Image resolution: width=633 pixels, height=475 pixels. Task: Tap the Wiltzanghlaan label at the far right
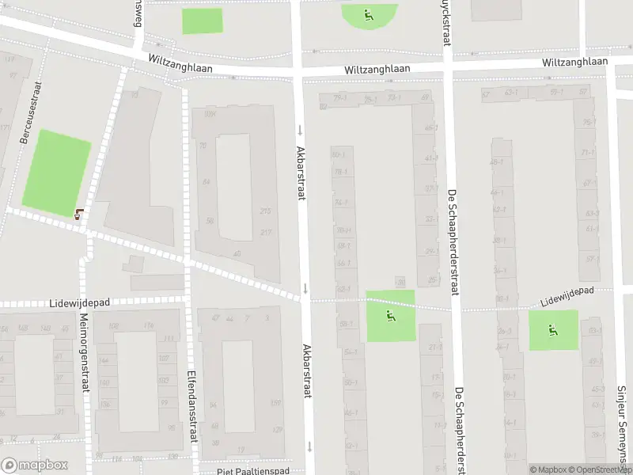click(575, 62)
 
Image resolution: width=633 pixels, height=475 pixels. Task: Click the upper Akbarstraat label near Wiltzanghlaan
click(301, 172)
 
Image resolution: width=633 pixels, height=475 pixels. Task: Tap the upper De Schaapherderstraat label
click(453, 242)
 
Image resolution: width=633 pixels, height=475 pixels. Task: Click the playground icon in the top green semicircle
click(369, 13)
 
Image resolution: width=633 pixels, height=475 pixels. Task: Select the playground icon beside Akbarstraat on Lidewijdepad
click(389, 316)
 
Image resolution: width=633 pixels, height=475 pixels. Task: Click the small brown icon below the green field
click(78, 212)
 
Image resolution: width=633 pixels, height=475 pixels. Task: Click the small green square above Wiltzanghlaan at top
click(203, 21)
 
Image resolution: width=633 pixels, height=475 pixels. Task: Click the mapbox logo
click(34, 465)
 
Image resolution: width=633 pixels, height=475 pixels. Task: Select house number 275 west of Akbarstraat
click(265, 211)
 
